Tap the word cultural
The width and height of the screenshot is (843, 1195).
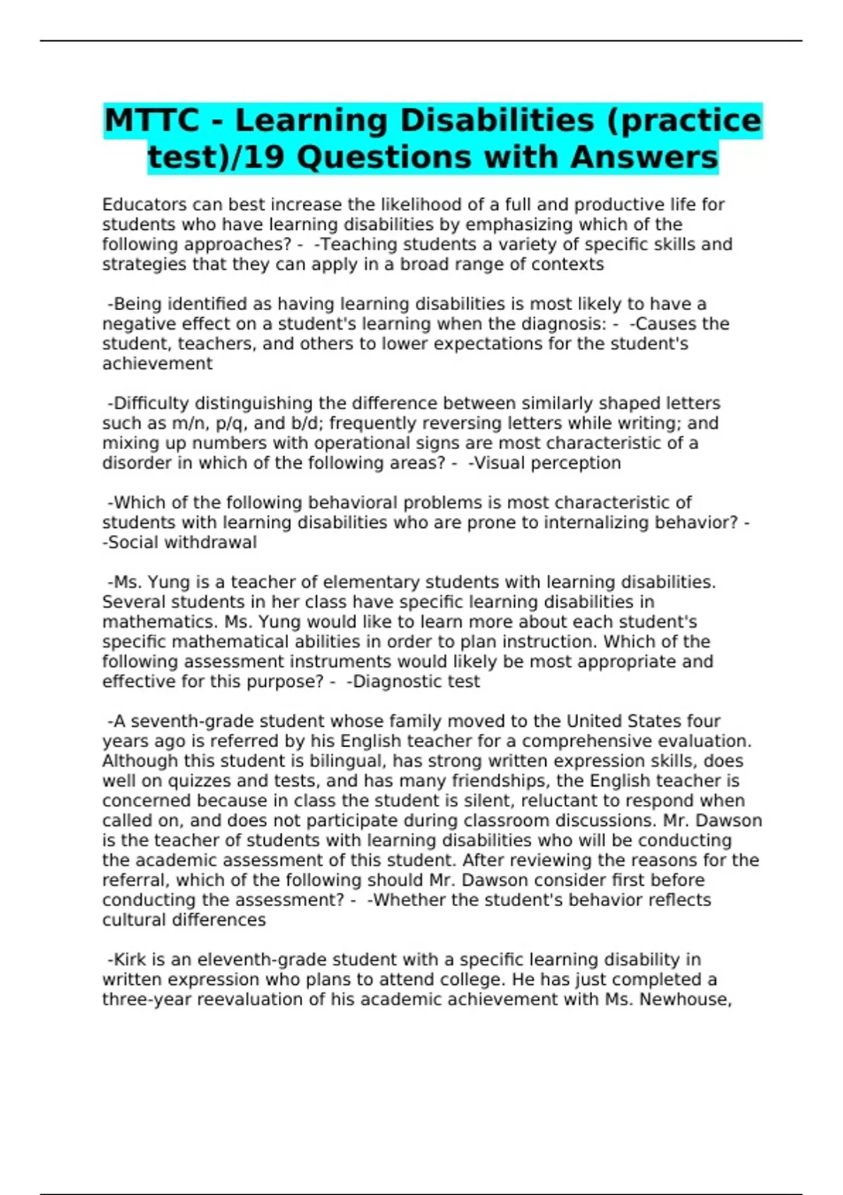click(135, 920)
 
